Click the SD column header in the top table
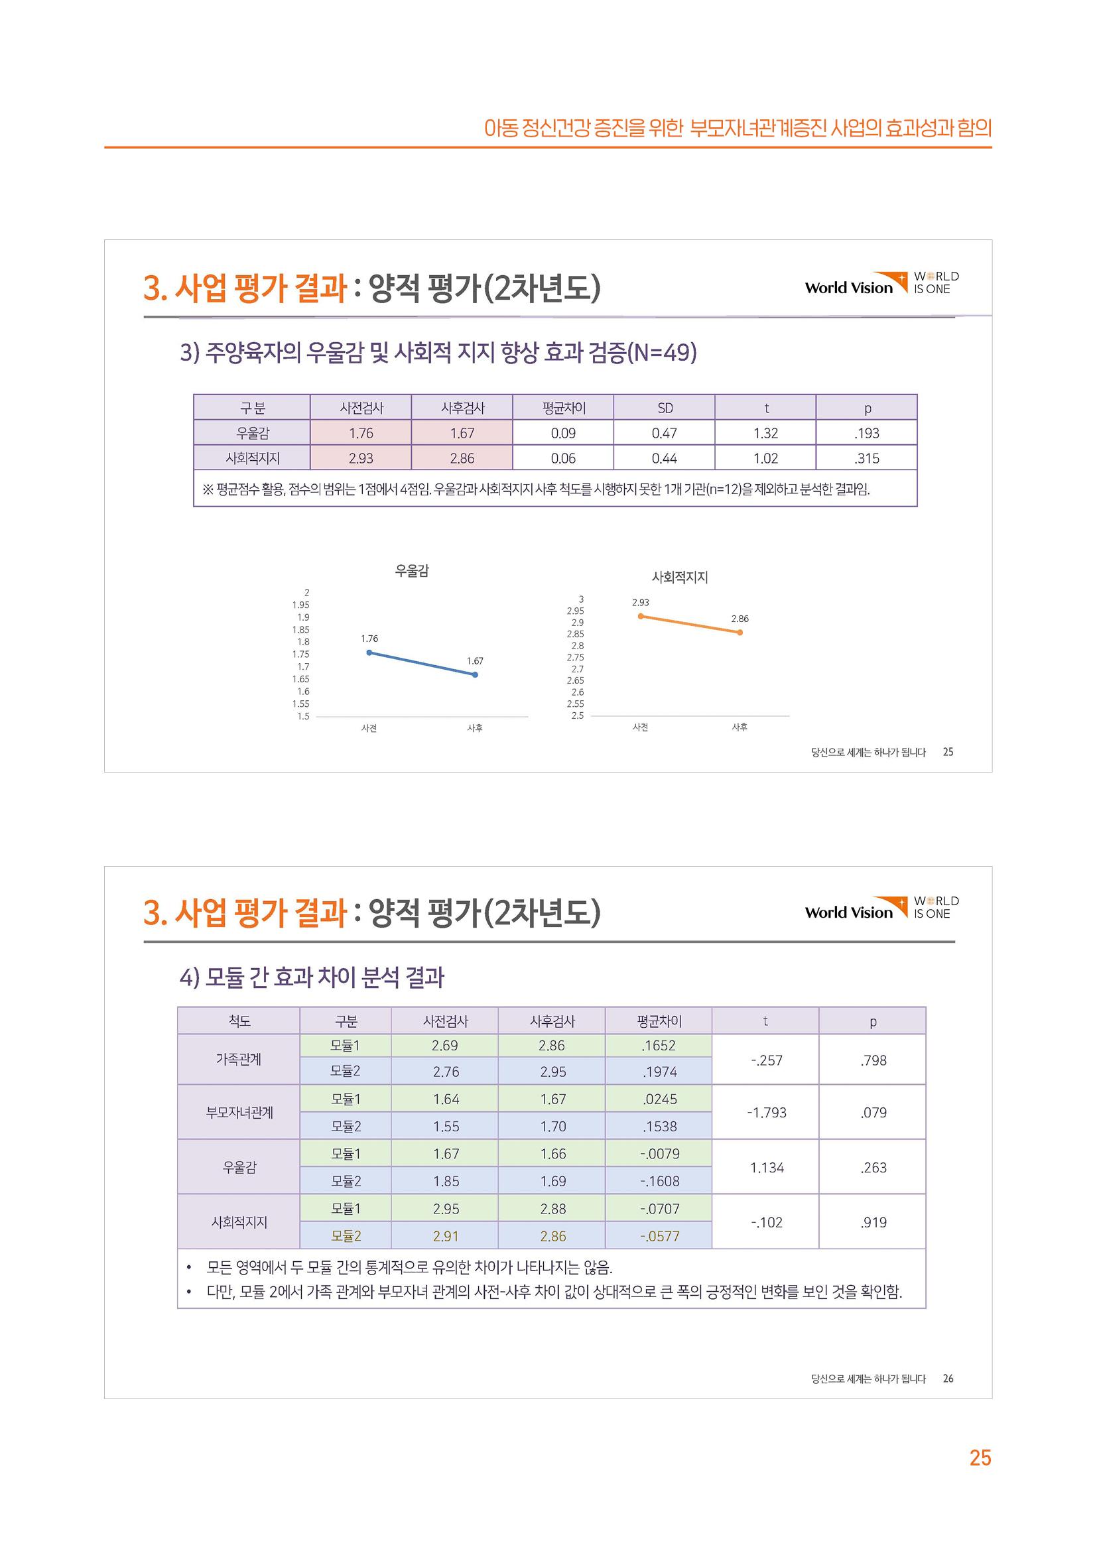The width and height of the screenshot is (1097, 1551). (665, 408)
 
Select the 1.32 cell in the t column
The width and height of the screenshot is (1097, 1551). (765, 433)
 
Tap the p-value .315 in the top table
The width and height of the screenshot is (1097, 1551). (867, 459)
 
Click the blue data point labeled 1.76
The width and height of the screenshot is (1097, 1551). (369, 652)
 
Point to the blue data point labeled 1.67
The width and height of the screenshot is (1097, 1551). (475, 675)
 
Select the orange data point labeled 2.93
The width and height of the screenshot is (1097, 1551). (641, 616)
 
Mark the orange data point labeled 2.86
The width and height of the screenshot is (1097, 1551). (740, 633)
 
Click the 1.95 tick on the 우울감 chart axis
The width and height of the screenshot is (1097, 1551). (300, 605)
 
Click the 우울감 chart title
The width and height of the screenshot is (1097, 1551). (411, 571)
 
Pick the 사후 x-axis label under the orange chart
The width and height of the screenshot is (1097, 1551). (740, 727)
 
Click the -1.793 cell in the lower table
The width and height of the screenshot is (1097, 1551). (766, 1113)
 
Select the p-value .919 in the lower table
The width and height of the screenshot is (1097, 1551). (873, 1222)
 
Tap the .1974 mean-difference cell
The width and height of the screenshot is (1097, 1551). (659, 1072)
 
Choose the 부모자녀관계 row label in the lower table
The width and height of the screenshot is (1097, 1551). (239, 1112)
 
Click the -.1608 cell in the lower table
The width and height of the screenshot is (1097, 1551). (659, 1182)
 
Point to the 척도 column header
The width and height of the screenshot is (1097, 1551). (239, 1021)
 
